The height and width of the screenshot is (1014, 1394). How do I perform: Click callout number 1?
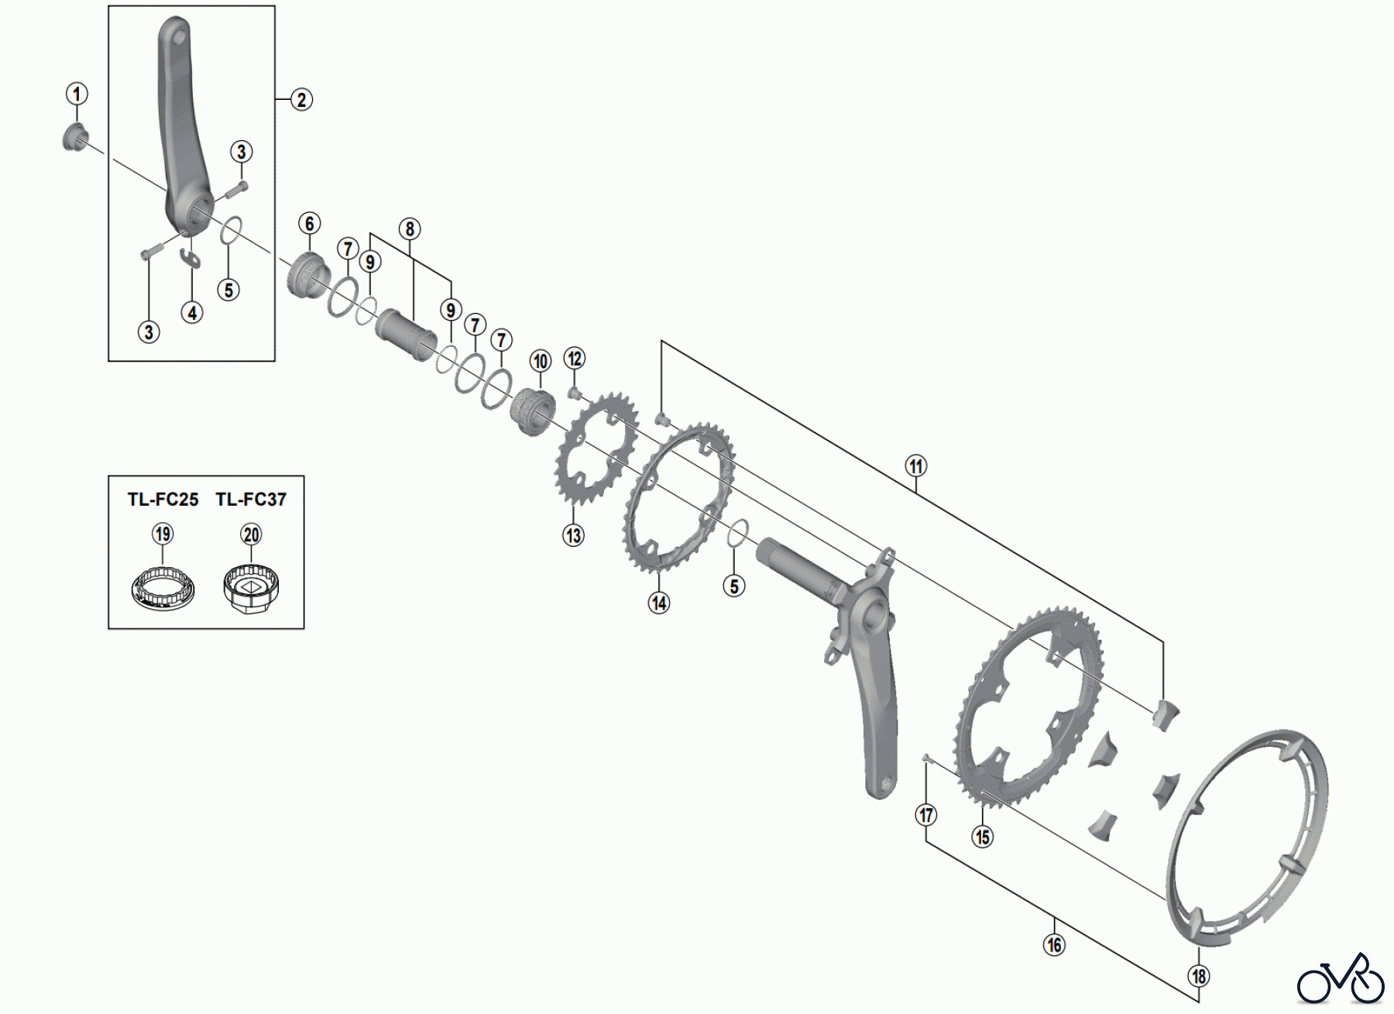coord(76,94)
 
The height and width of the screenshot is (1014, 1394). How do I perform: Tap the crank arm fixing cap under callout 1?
coord(75,138)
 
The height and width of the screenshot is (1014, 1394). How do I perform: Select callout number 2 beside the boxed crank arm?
coord(301,100)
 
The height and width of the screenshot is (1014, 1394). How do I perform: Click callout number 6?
coord(309,224)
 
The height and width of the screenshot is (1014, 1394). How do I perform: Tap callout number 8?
coord(410,229)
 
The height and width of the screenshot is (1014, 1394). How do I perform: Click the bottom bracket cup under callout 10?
coord(533,412)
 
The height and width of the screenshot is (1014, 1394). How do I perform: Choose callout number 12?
coord(575,359)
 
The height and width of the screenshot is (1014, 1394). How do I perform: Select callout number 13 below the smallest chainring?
coord(573,535)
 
